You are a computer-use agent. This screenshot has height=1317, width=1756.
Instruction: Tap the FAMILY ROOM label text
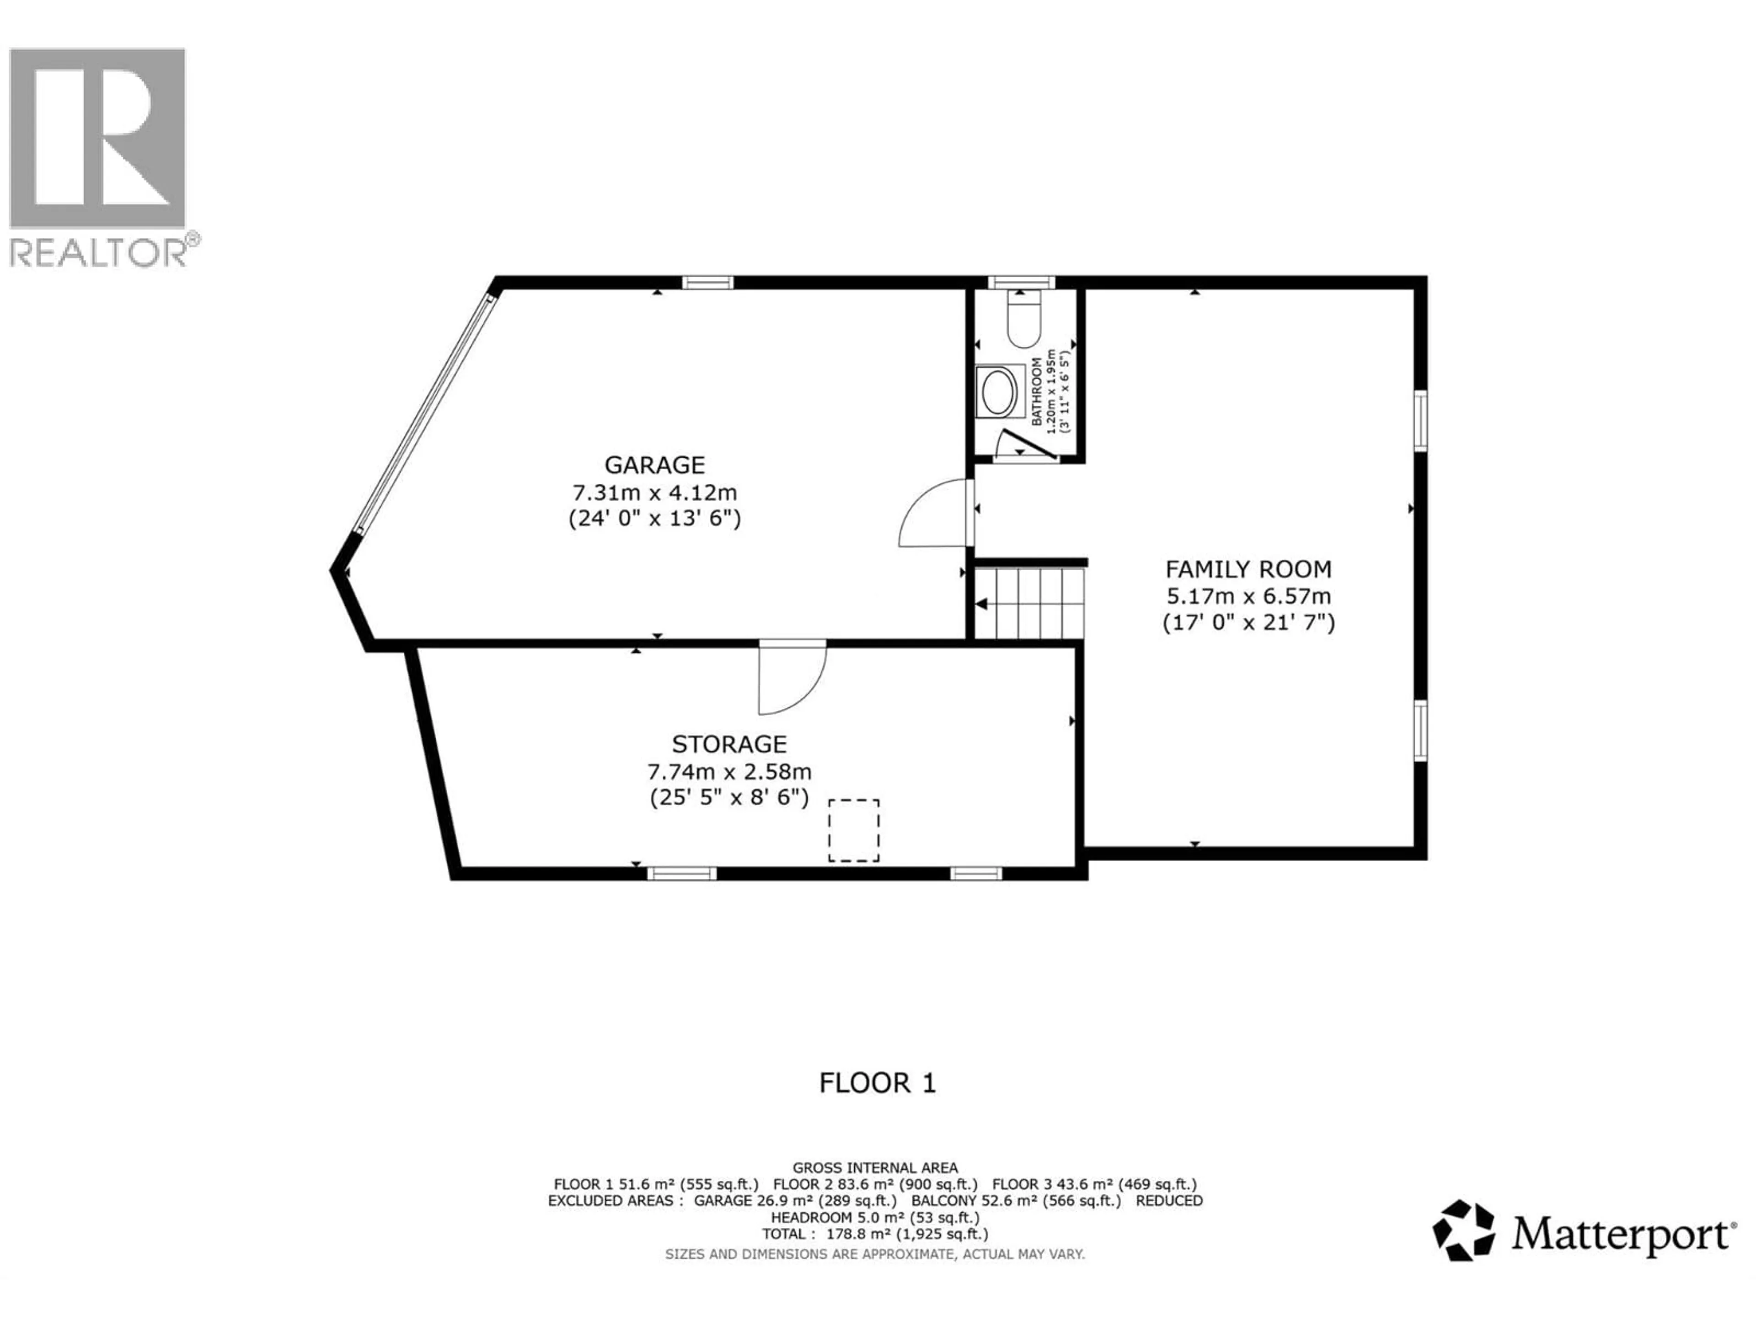point(1248,569)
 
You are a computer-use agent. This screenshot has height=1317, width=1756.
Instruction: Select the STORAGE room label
point(729,744)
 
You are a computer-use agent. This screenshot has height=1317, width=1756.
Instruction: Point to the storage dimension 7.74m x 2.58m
point(729,771)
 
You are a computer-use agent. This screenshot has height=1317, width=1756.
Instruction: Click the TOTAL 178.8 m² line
point(875,1234)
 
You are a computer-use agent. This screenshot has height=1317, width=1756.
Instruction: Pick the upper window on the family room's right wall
point(1420,421)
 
